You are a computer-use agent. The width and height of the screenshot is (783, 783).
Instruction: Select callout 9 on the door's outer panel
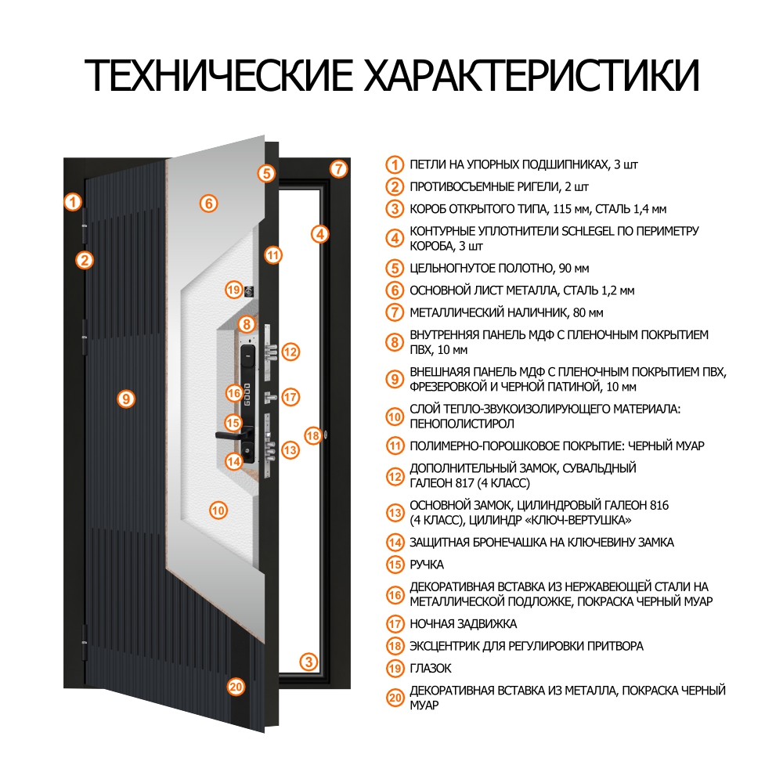(x=125, y=399)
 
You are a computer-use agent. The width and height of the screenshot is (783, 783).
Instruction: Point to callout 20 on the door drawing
(x=236, y=687)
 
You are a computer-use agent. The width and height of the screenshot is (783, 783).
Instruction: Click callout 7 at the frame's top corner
(x=337, y=168)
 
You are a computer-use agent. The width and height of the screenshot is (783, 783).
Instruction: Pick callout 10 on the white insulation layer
(x=218, y=510)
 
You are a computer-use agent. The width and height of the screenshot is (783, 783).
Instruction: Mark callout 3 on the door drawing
(x=310, y=662)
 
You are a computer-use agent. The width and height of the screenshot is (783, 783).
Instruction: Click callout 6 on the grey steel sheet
(x=207, y=204)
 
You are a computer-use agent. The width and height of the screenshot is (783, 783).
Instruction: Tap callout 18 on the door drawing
(x=312, y=435)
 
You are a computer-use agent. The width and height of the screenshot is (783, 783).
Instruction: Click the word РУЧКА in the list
(x=427, y=564)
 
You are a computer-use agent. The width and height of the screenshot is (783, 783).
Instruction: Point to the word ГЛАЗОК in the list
(x=431, y=669)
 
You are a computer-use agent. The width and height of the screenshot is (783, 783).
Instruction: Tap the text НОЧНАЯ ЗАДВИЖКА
(x=464, y=624)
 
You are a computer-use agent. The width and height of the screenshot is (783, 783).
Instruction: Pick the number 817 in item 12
(x=458, y=483)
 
